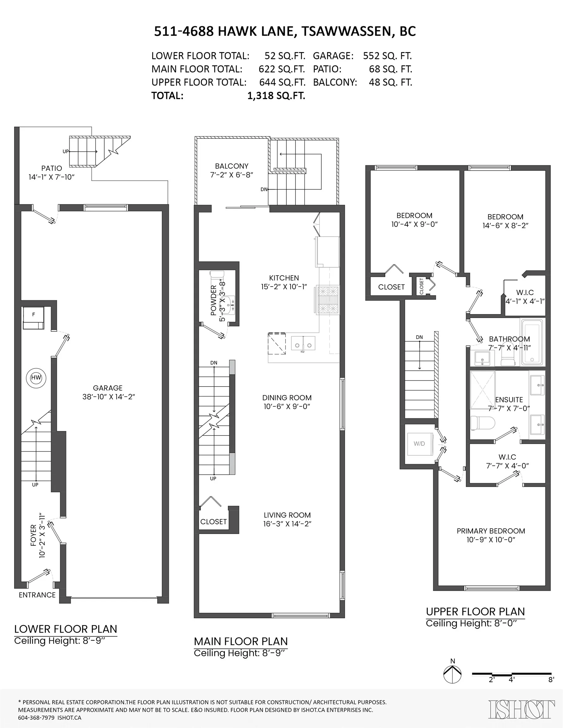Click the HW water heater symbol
tap(36, 378)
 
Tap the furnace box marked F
tap(34, 318)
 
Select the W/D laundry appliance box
tap(419, 444)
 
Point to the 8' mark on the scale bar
tap(551, 679)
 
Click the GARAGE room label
tap(108, 388)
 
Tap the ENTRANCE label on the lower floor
tap(37, 595)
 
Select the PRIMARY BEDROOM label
tap(491, 531)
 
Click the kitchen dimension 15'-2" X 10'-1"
tap(284, 287)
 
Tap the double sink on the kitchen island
tap(303, 343)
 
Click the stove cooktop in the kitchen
tap(328, 300)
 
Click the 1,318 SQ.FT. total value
tap(276, 96)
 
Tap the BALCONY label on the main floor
tap(232, 166)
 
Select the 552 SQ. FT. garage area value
tap(387, 56)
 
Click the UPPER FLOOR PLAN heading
tap(475, 612)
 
